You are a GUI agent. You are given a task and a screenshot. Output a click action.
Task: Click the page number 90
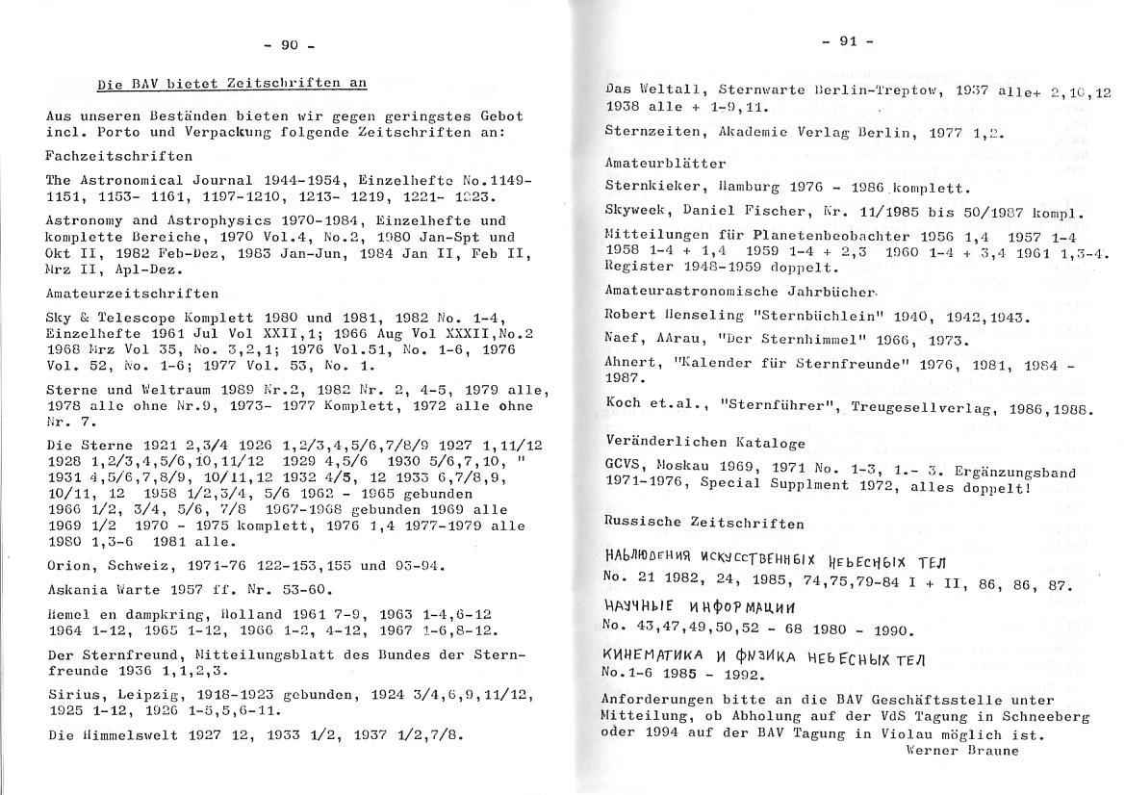pyautogui.click(x=290, y=44)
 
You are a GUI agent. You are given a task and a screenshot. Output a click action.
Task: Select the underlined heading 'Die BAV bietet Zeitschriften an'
pyautogui.click(x=232, y=84)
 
